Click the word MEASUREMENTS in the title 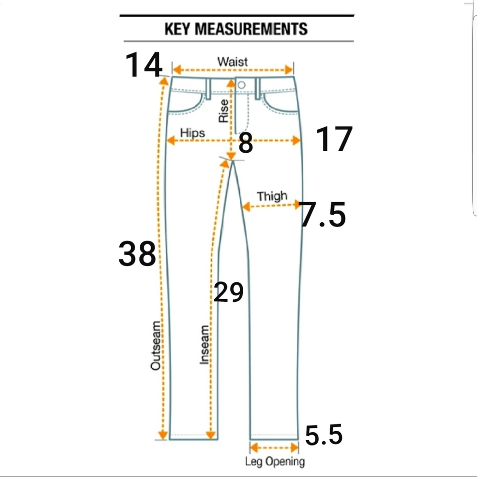(251, 29)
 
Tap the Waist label (232, 62)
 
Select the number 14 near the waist (144, 64)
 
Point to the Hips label (193, 133)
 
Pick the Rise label (224, 111)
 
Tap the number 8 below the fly (246, 143)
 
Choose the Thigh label (272, 196)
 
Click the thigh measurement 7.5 (322, 215)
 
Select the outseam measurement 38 (137, 254)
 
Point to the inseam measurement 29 (228, 292)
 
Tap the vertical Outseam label (156, 345)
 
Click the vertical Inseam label (204, 345)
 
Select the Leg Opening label (275, 461)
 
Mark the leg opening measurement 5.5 (323, 435)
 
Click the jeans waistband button (241, 85)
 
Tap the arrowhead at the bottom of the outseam (163, 435)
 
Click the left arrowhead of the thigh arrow (246, 207)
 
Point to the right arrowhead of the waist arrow (289, 70)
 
